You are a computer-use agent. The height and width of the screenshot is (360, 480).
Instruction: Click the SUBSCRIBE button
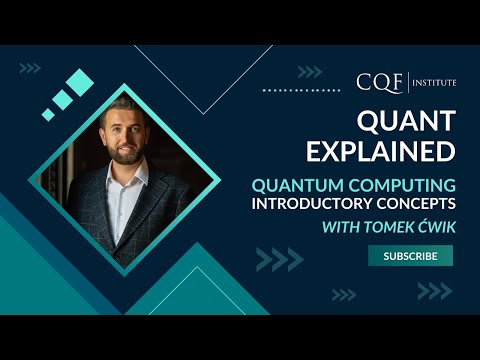410,256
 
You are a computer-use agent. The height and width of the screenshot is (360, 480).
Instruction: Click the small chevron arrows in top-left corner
30,68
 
